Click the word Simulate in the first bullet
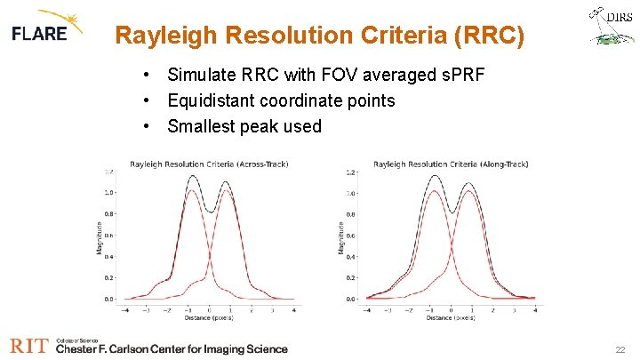[x=201, y=75]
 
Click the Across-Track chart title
[x=209, y=164]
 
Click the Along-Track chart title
[x=451, y=164]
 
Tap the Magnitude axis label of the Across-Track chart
[x=100, y=236]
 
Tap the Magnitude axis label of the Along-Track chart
[x=341, y=236]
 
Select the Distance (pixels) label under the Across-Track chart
[x=209, y=318]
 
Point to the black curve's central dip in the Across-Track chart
[x=209, y=212]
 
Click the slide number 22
[x=620, y=350]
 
